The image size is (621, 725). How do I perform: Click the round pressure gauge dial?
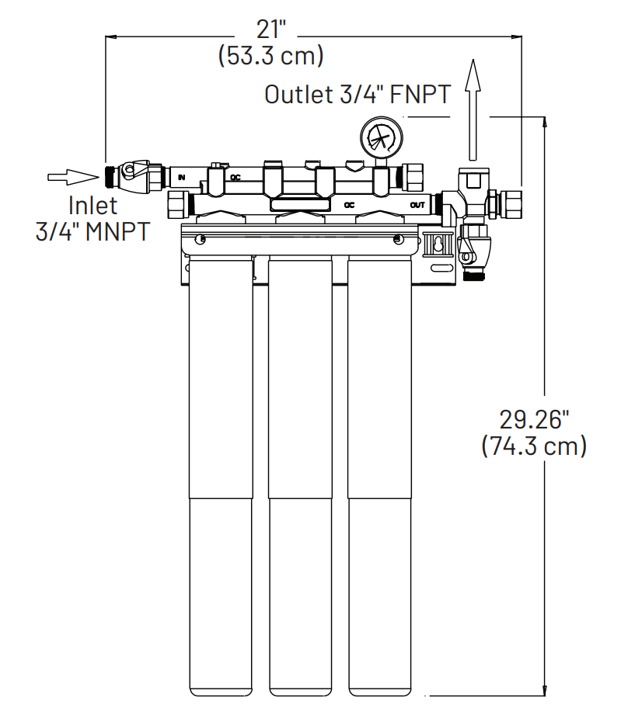[x=382, y=139]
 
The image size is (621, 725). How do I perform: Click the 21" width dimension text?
[x=271, y=30]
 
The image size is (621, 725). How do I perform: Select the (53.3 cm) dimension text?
[x=271, y=57]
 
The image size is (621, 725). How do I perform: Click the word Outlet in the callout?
[x=298, y=95]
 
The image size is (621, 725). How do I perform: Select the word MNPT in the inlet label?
[x=115, y=231]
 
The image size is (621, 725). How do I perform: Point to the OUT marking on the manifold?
[x=417, y=206]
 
